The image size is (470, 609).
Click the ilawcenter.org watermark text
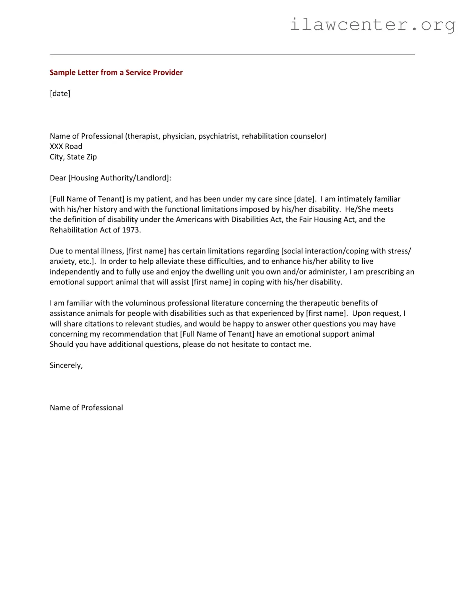point(372,25)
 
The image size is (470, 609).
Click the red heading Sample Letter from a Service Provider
point(116,72)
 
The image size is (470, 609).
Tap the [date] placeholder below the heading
point(60,93)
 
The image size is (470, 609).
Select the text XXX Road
point(66,146)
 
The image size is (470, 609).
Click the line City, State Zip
point(73,157)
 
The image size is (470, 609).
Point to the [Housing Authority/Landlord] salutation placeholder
point(119,178)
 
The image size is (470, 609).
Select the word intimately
point(354,199)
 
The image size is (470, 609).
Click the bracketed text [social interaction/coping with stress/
point(346,251)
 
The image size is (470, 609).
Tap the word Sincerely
point(66,365)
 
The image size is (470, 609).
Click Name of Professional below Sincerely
point(86,408)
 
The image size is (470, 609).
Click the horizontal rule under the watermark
point(232,54)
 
